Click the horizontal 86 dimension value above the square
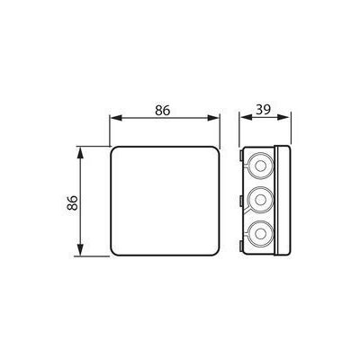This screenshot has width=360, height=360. [x=163, y=111]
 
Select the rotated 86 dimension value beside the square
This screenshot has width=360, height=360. [x=72, y=202]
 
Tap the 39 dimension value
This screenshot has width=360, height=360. [x=263, y=110]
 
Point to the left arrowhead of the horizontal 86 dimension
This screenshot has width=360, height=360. [x=116, y=118]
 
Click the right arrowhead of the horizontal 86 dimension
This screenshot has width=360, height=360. [x=213, y=118]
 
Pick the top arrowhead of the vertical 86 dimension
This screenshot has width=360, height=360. [x=80, y=153]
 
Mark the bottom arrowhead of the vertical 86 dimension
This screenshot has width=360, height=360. [x=80, y=250]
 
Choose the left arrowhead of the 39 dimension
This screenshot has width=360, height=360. [x=246, y=117]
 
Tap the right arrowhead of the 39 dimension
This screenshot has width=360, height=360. [x=283, y=117]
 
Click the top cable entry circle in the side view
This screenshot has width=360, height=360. [x=261, y=166]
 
